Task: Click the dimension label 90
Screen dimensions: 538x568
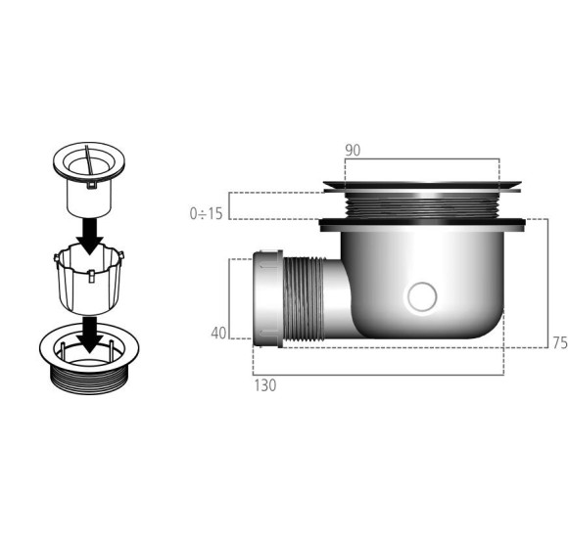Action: point(353,150)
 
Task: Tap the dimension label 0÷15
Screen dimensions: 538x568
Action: point(206,212)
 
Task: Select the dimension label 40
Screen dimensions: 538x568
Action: point(217,333)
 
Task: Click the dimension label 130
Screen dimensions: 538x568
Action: point(264,385)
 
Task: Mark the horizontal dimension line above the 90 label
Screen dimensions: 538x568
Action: point(421,159)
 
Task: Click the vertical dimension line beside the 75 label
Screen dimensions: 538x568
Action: point(545,284)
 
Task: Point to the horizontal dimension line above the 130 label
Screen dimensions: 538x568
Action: point(377,375)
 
